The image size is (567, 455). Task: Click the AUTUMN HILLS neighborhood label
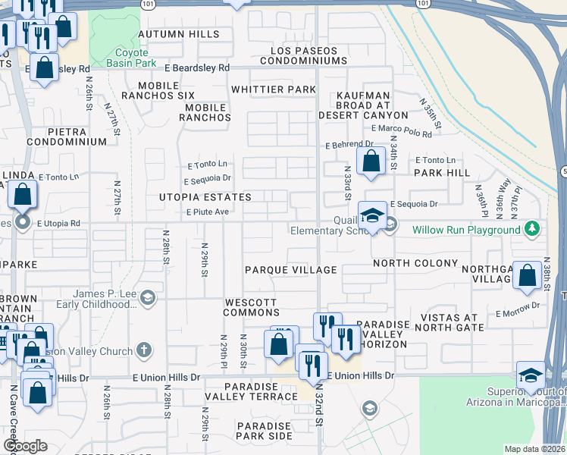point(179,34)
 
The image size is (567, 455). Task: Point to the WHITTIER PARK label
point(273,89)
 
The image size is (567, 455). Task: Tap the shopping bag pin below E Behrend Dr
point(371,162)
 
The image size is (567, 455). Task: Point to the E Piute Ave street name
point(208,212)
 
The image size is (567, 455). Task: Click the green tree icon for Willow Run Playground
point(533,228)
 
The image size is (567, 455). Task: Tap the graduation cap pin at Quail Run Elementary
point(373,216)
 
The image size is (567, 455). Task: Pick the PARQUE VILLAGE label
point(290,270)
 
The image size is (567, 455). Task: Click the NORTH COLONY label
point(415,263)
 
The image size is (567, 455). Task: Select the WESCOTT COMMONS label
point(251,307)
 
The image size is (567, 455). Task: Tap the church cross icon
point(145,350)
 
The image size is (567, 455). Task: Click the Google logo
point(25,446)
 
